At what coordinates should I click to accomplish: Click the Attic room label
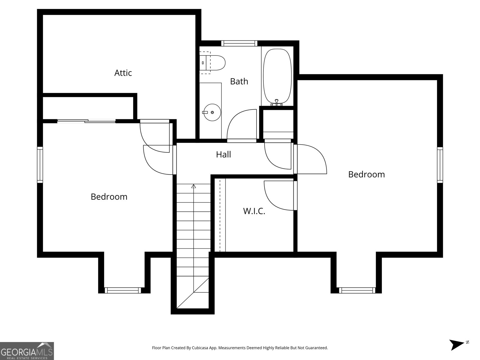pos(123,73)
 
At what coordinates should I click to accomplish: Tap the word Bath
pos(239,81)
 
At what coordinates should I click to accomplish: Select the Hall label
pos(223,154)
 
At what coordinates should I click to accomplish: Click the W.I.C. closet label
pos(254,211)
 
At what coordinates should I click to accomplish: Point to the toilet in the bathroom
pos(212,63)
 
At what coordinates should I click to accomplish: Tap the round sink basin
pos(212,112)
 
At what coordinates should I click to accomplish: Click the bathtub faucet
pos(277,103)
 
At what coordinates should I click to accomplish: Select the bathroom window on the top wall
pos(239,43)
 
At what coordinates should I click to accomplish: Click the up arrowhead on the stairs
pos(193,186)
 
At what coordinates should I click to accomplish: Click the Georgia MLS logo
pos(27,351)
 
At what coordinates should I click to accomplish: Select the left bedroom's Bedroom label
pos(109,197)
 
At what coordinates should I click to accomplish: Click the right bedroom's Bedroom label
pos(367,174)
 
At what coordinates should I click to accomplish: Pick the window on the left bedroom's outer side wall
pos(40,165)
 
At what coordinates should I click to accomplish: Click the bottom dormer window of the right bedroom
pos(357,290)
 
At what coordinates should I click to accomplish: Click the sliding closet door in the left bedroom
pos(86,121)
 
